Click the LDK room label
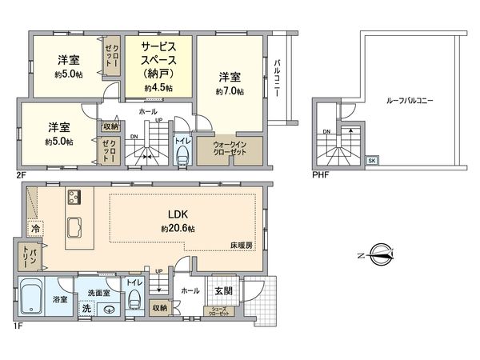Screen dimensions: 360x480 178,214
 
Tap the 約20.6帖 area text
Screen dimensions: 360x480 177,228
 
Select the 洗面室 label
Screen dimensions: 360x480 100,293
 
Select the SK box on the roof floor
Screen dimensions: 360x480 371,160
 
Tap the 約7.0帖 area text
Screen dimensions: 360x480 230,92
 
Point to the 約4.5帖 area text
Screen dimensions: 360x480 158,87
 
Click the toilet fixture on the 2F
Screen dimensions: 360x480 182,152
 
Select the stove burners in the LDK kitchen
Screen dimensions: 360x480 74,197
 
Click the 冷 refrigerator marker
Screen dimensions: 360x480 36,228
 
